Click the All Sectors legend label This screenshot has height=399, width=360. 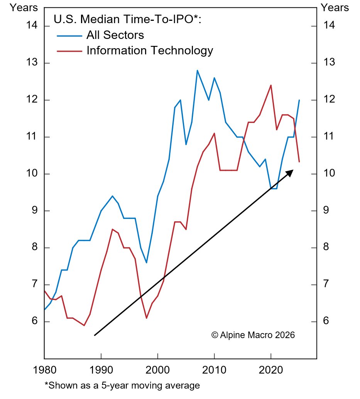(x=115, y=35)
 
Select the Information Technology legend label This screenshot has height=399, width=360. (x=150, y=51)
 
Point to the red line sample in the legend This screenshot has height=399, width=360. (x=69, y=51)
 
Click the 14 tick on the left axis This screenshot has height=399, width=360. (x=32, y=26)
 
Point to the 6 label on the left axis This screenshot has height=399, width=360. (x=35, y=322)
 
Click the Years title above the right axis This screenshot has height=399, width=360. (x=335, y=7)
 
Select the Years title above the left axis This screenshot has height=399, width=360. (x=24, y=7)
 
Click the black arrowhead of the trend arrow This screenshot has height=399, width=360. (x=290, y=172)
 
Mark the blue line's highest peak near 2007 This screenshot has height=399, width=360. (x=197, y=70)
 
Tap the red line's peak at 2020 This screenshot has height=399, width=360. (x=271, y=85)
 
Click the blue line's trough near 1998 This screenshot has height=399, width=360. (x=146, y=263)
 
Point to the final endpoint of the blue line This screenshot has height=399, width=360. (x=299, y=100)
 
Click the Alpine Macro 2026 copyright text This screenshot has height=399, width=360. (x=253, y=335)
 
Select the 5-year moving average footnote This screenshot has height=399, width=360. (x=122, y=385)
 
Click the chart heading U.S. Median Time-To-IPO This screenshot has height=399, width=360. (x=127, y=19)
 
